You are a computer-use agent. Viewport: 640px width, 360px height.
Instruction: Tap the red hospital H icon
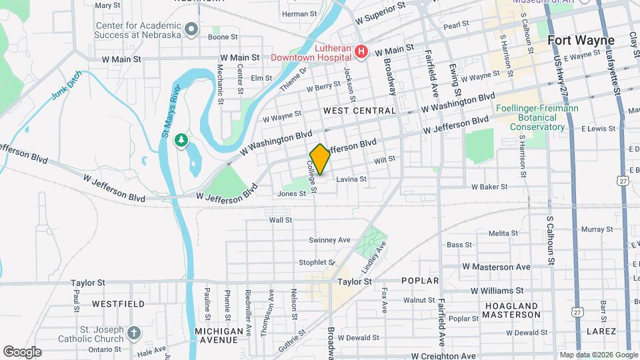(x=361, y=51)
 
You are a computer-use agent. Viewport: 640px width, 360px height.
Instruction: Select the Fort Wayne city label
(x=581, y=41)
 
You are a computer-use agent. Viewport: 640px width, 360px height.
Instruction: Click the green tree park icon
(x=180, y=140)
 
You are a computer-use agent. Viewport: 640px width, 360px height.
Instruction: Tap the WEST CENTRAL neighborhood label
(x=359, y=110)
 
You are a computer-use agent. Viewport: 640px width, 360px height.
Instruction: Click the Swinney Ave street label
(x=329, y=240)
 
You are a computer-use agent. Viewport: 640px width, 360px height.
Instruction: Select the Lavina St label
(x=351, y=179)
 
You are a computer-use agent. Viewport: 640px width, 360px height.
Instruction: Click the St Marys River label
(x=171, y=112)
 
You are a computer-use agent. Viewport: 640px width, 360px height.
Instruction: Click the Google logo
(x=22, y=351)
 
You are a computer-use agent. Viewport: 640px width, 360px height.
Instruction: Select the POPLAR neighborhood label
(x=421, y=281)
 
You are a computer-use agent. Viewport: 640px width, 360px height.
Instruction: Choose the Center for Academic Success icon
(x=192, y=28)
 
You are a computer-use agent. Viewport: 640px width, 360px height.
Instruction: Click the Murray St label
(x=592, y=229)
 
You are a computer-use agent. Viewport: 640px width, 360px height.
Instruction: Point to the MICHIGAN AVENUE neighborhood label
(x=219, y=335)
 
